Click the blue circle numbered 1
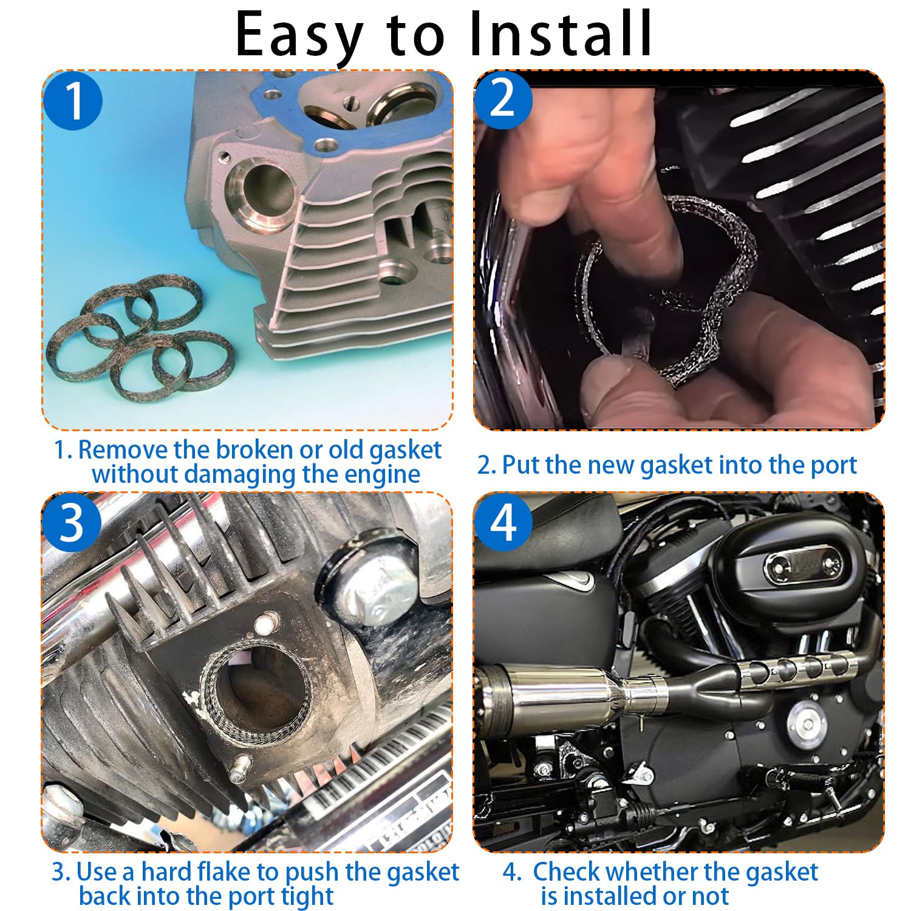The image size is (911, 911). coord(73,100)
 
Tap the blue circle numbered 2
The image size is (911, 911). coord(503,99)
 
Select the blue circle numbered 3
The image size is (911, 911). coord(72,522)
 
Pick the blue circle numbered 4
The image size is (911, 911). coord(503,522)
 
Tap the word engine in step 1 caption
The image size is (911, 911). coord(382,474)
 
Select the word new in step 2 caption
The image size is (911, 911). coord(611,465)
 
